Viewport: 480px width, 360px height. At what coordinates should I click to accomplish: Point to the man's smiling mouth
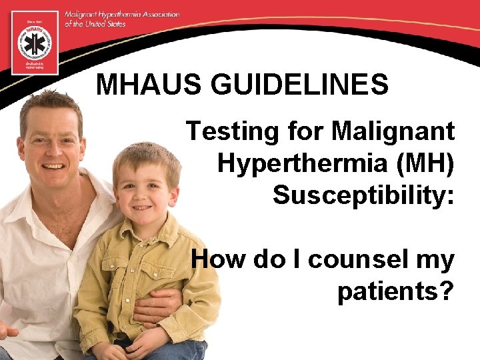click(55, 166)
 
